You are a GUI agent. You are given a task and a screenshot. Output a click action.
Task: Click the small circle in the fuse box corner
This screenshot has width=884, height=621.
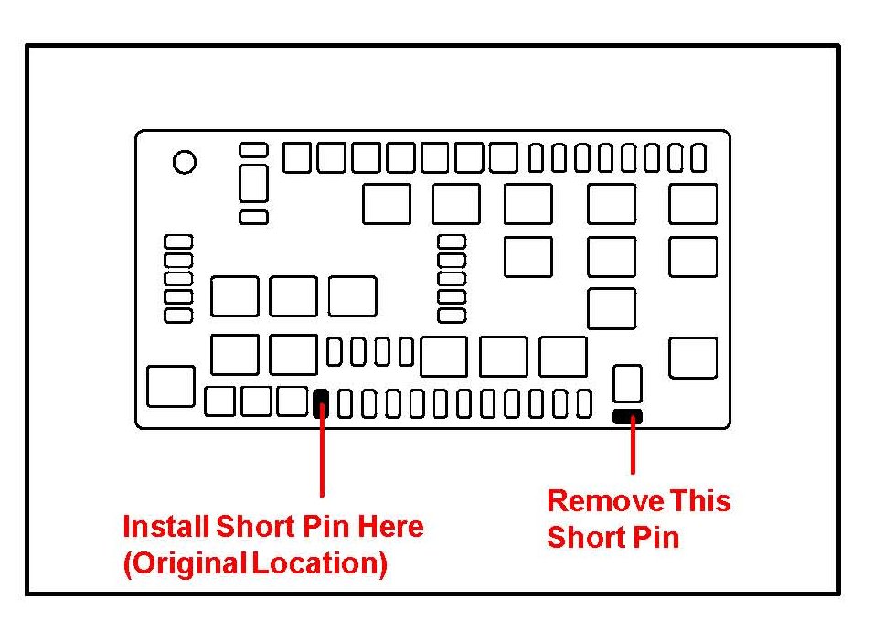coord(185,163)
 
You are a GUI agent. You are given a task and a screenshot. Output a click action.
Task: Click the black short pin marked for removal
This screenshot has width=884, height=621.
coord(627,417)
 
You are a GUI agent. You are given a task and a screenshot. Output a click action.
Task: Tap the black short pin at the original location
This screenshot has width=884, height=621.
coord(321,402)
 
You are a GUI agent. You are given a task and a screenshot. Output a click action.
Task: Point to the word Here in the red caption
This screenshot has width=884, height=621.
coord(390,527)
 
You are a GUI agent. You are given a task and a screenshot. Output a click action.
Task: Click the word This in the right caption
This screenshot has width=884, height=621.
coord(700,501)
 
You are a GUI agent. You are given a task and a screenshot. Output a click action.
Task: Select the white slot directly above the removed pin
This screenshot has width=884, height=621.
coord(627,382)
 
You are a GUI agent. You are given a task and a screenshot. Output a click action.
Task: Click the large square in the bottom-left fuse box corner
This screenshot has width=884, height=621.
coord(170,386)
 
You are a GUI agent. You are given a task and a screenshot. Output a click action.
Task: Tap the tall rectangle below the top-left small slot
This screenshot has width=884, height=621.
coord(253,183)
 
